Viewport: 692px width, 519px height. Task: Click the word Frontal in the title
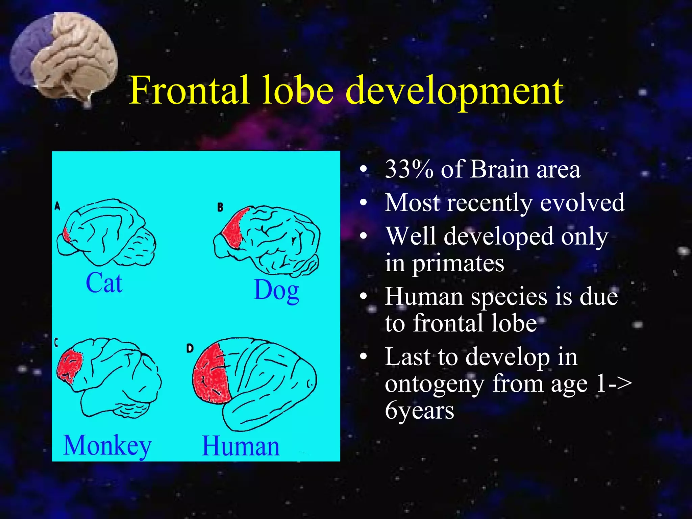(189, 91)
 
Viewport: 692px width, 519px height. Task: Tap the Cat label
(104, 283)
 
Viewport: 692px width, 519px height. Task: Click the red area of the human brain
(210, 375)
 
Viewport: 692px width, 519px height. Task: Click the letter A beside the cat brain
(57, 206)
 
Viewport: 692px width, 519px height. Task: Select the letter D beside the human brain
(190, 348)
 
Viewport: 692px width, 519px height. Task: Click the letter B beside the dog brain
(220, 207)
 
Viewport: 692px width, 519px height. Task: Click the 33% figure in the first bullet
(409, 169)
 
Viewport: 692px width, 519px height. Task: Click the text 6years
(419, 411)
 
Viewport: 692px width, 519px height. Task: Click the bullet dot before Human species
(363, 296)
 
